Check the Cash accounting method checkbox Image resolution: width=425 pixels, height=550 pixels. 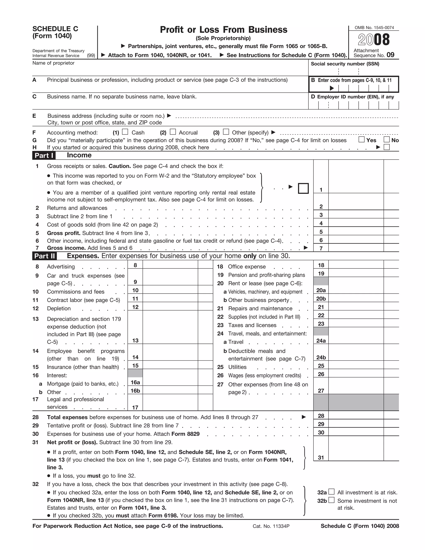125,132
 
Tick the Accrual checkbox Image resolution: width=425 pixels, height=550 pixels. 173,132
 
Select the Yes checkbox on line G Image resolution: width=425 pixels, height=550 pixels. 361,139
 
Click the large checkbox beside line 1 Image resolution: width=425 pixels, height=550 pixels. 303,188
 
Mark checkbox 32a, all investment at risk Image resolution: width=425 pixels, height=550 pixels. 332,491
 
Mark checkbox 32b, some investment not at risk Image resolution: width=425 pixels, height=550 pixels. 332,500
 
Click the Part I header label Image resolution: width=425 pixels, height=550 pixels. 44,155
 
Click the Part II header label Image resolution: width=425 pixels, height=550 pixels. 45,256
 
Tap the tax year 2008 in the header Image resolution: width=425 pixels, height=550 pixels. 374,40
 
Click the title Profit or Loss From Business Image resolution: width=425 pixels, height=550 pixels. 223,30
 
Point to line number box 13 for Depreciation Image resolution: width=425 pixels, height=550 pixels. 135,340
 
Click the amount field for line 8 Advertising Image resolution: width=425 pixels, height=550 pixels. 170,265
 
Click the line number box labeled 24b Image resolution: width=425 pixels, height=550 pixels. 321,357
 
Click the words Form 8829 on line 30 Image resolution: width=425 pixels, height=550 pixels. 185,434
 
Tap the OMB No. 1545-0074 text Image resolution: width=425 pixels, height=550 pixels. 374,28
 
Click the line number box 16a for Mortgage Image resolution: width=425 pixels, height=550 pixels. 135,382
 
